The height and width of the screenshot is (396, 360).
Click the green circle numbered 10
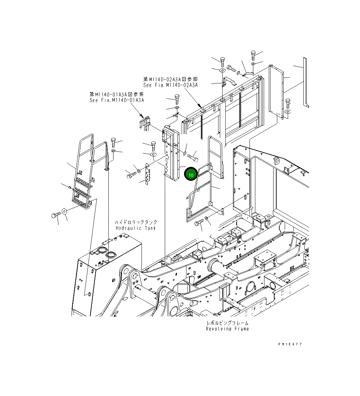(x=191, y=175)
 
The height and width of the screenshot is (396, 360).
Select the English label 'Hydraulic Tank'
(x=136, y=228)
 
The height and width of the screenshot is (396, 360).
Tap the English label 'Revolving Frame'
(x=227, y=329)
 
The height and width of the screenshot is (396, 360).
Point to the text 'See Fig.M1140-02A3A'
(x=171, y=85)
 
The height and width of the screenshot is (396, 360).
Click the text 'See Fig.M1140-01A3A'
(x=117, y=100)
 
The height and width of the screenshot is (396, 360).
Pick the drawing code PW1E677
(x=290, y=344)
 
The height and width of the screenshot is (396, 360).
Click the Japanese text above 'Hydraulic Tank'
(x=136, y=222)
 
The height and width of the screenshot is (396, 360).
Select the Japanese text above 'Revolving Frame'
(x=227, y=323)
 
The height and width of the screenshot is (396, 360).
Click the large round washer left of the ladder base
(x=65, y=212)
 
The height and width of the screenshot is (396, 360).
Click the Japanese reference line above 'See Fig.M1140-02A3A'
(x=171, y=79)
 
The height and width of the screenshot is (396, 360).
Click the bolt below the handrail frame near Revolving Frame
(x=199, y=223)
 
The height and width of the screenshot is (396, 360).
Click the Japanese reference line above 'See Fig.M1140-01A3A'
(x=117, y=94)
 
